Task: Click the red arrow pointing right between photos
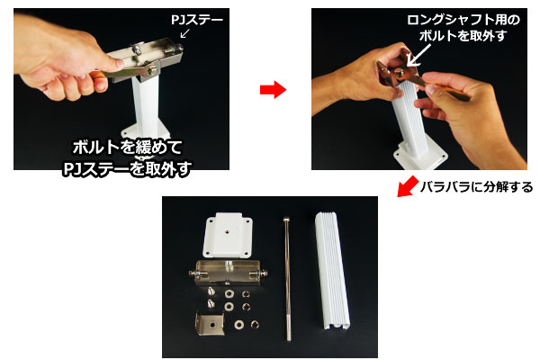pos(273,90)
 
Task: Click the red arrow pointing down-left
pos(408,186)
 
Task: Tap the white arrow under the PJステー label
pos(184,33)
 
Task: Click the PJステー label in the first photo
pos(197,20)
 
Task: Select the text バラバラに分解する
pos(476,187)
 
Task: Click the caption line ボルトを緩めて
pos(128,148)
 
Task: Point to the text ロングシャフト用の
pos(463,20)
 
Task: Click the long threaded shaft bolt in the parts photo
pos(287,279)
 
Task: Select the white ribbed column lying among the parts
pos(332,271)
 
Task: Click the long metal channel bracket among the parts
pos(229,273)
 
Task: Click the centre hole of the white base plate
pos(229,230)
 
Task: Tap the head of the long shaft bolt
pos(286,219)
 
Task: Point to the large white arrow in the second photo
pos(418,56)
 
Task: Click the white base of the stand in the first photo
pos(145,134)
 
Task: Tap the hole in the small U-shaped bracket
pos(212,324)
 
